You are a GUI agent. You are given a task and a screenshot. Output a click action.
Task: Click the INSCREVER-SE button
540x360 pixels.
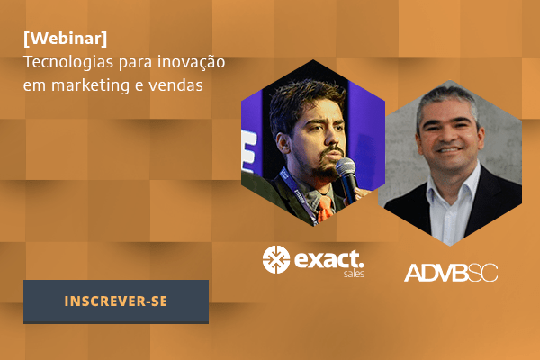[x=116, y=301]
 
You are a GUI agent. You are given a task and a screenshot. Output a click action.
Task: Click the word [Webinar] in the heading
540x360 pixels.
[x=66, y=38]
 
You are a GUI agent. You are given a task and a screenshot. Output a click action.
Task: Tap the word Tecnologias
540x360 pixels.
[x=68, y=62]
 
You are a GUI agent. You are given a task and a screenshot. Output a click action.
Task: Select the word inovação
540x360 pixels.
[x=191, y=63]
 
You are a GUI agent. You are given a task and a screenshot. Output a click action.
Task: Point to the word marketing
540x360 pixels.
[x=90, y=85]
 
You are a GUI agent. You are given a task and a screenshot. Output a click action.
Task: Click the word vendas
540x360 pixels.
[x=175, y=85]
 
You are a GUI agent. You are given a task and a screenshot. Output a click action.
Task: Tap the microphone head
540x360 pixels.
[x=346, y=166]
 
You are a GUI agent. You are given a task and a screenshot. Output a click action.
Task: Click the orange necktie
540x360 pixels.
[x=324, y=209]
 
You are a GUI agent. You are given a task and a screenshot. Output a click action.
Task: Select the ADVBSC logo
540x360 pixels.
[x=451, y=273]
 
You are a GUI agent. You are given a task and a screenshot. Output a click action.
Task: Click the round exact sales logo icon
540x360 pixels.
[x=276, y=259]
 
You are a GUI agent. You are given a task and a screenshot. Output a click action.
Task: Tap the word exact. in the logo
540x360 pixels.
[x=328, y=259]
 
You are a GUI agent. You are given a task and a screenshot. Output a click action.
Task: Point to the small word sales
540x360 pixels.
[x=354, y=274]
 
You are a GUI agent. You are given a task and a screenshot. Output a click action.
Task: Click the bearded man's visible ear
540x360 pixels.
[x=283, y=143]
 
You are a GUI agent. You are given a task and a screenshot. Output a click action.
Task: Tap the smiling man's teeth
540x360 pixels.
[x=448, y=150]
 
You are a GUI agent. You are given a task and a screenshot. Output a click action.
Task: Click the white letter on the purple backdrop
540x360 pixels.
[x=249, y=151]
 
